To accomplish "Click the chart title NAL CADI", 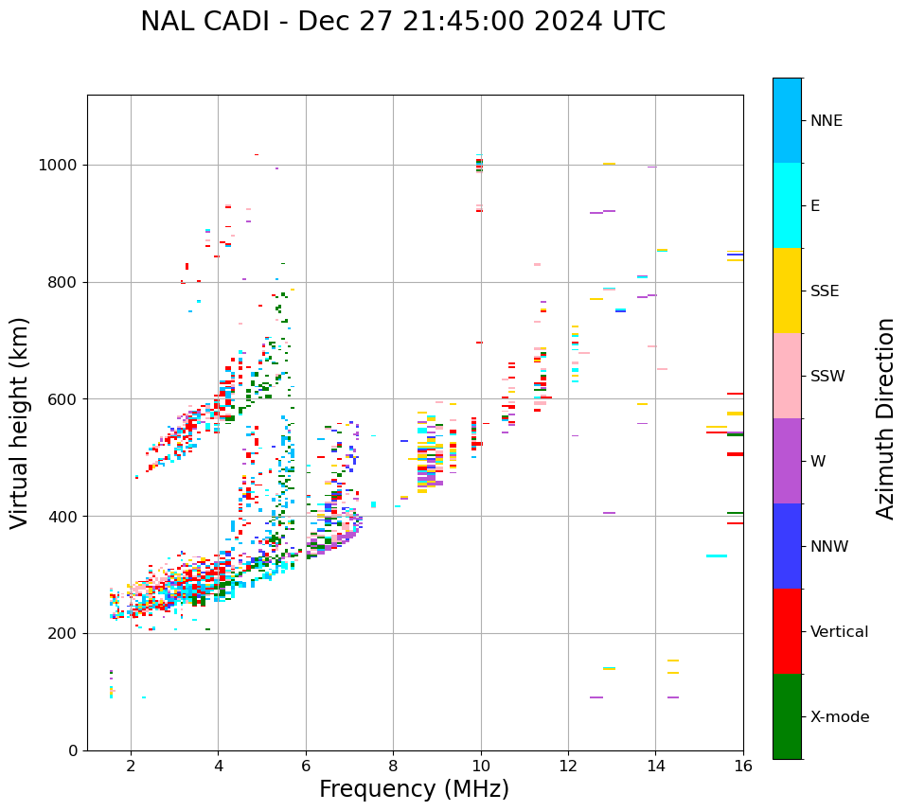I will [402, 22].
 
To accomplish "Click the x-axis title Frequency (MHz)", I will [414, 789].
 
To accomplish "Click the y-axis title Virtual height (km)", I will [20, 422].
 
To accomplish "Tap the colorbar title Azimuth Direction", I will [885, 417].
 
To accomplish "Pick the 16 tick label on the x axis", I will [743, 765].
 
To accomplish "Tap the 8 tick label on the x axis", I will [393, 765].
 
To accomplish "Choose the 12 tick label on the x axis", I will [568, 765].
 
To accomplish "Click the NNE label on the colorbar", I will [826, 121].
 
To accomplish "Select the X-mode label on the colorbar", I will [839, 717].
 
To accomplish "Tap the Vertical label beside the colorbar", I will [839, 632].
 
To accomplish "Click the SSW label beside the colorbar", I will [827, 377].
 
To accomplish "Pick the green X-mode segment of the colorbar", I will [787, 716].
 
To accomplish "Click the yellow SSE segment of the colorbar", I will [787, 291].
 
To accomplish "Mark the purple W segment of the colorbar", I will [787, 461].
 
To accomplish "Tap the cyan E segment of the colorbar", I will [787, 205].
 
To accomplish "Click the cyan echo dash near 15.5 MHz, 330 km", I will [717, 556].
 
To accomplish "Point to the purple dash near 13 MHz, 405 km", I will [609, 513].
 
